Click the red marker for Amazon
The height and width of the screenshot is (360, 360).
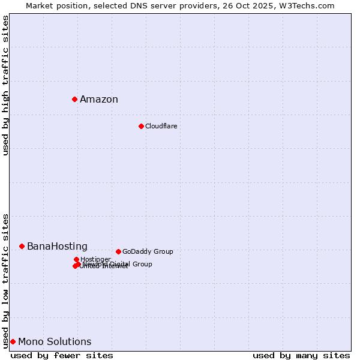click(x=74, y=99)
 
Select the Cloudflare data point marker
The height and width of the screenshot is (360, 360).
click(x=141, y=126)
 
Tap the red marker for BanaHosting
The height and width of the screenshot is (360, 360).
click(x=22, y=246)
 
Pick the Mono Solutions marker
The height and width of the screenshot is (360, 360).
click(x=13, y=341)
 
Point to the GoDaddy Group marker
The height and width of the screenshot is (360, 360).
click(x=118, y=251)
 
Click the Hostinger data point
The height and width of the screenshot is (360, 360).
click(x=76, y=259)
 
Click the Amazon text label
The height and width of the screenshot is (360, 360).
click(x=99, y=100)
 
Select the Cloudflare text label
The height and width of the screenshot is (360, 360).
click(x=161, y=126)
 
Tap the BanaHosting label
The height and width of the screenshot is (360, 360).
click(x=57, y=247)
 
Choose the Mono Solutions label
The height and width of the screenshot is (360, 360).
click(x=55, y=342)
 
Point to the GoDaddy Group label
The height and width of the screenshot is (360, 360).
click(x=148, y=251)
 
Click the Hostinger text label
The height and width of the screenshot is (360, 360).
click(x=95, y=259)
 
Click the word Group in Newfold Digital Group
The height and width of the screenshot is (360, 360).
click(x=142, y=264)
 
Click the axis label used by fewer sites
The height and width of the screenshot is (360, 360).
click(x=62, y=355)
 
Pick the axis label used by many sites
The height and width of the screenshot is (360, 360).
click(x=301, y=355)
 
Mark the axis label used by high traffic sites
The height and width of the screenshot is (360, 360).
click(x=5, y=85)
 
